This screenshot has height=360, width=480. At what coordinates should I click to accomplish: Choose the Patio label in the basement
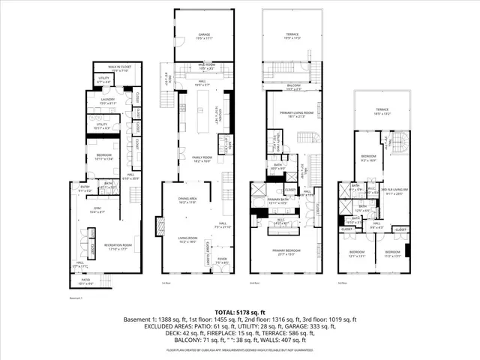[x=86, y=283]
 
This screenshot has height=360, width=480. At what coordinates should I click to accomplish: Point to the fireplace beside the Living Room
[x=158, y=226]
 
